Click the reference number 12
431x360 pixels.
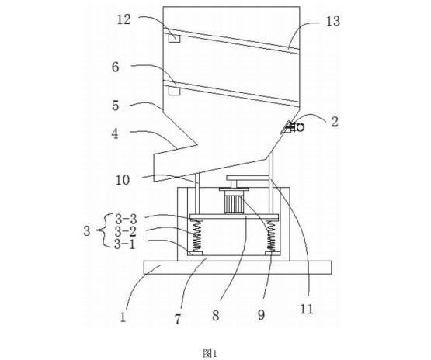click(124, 19)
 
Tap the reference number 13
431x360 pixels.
click(333, 21)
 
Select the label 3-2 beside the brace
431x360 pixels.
click(125, 232)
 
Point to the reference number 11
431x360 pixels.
click(307, 310)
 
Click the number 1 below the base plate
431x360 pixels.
click(123, 317)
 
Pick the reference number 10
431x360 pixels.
click(123, 180)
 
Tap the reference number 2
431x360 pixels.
click(335, 122)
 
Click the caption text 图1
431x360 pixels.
click(210, 353)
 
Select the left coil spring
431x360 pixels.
click(196, 237)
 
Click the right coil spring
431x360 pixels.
click(272, 237)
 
